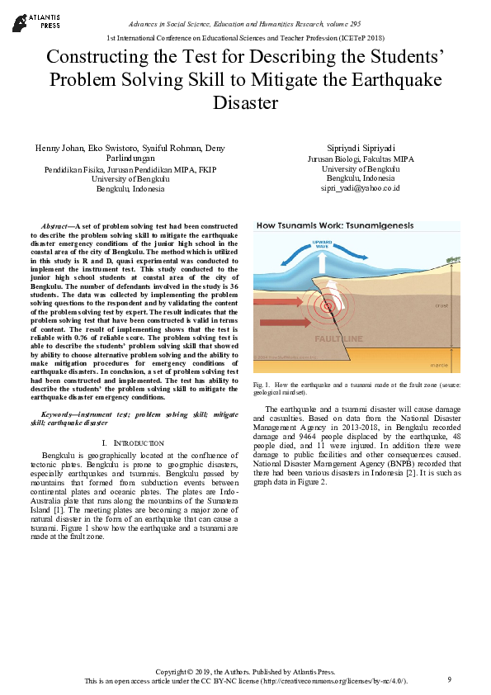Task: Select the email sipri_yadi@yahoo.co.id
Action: [x=359, y=188]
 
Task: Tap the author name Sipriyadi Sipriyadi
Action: [x=359, y=148]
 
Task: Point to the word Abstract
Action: [x=54, y=226]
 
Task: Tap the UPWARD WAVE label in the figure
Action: [x=323, y=244]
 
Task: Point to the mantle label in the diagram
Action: [x=440, y=365]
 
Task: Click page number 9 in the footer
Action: [x=450, y=679]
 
